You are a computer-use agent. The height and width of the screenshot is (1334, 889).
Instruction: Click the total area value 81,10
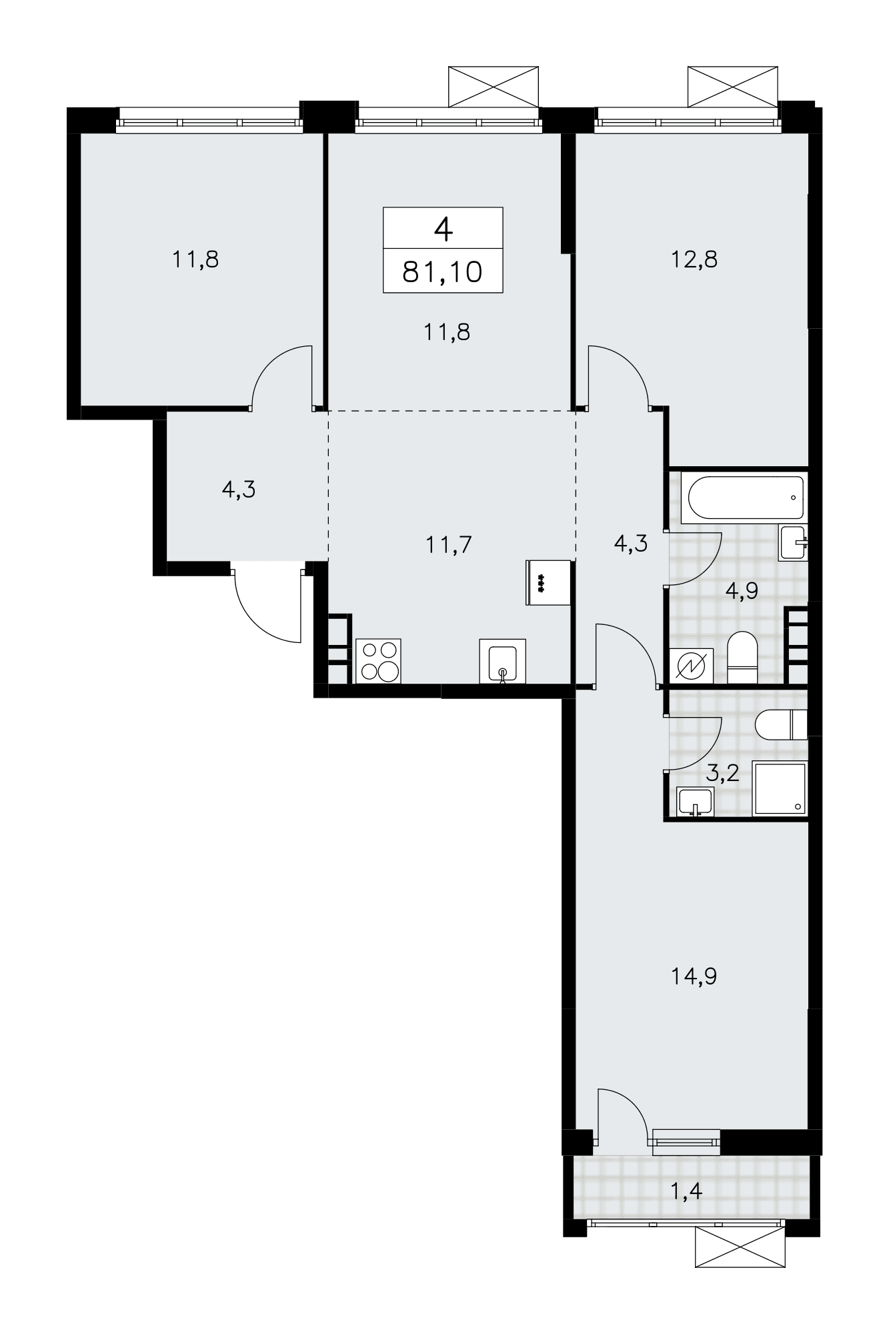(442, 272)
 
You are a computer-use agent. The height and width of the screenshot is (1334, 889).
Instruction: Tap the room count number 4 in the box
(443, 229)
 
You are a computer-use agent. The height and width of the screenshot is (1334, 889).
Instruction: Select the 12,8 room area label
(695, 259)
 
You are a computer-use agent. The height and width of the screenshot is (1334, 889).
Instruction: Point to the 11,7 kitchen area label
(449, 545)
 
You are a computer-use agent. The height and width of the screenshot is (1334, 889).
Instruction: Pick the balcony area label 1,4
(686, 1190)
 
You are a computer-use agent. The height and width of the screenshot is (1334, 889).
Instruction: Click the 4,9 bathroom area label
(742, 590)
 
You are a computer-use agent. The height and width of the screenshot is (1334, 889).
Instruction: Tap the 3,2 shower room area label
(723, 774)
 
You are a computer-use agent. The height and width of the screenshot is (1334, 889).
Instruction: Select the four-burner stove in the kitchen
(379, 660)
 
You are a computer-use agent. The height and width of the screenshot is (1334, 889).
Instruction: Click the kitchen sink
(502, 661)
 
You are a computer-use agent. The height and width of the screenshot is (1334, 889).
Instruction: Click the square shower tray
(780, 788)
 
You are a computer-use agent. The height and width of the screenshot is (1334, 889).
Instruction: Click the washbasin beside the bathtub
(793, 542)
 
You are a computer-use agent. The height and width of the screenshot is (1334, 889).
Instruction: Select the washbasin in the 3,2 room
(695, 802)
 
